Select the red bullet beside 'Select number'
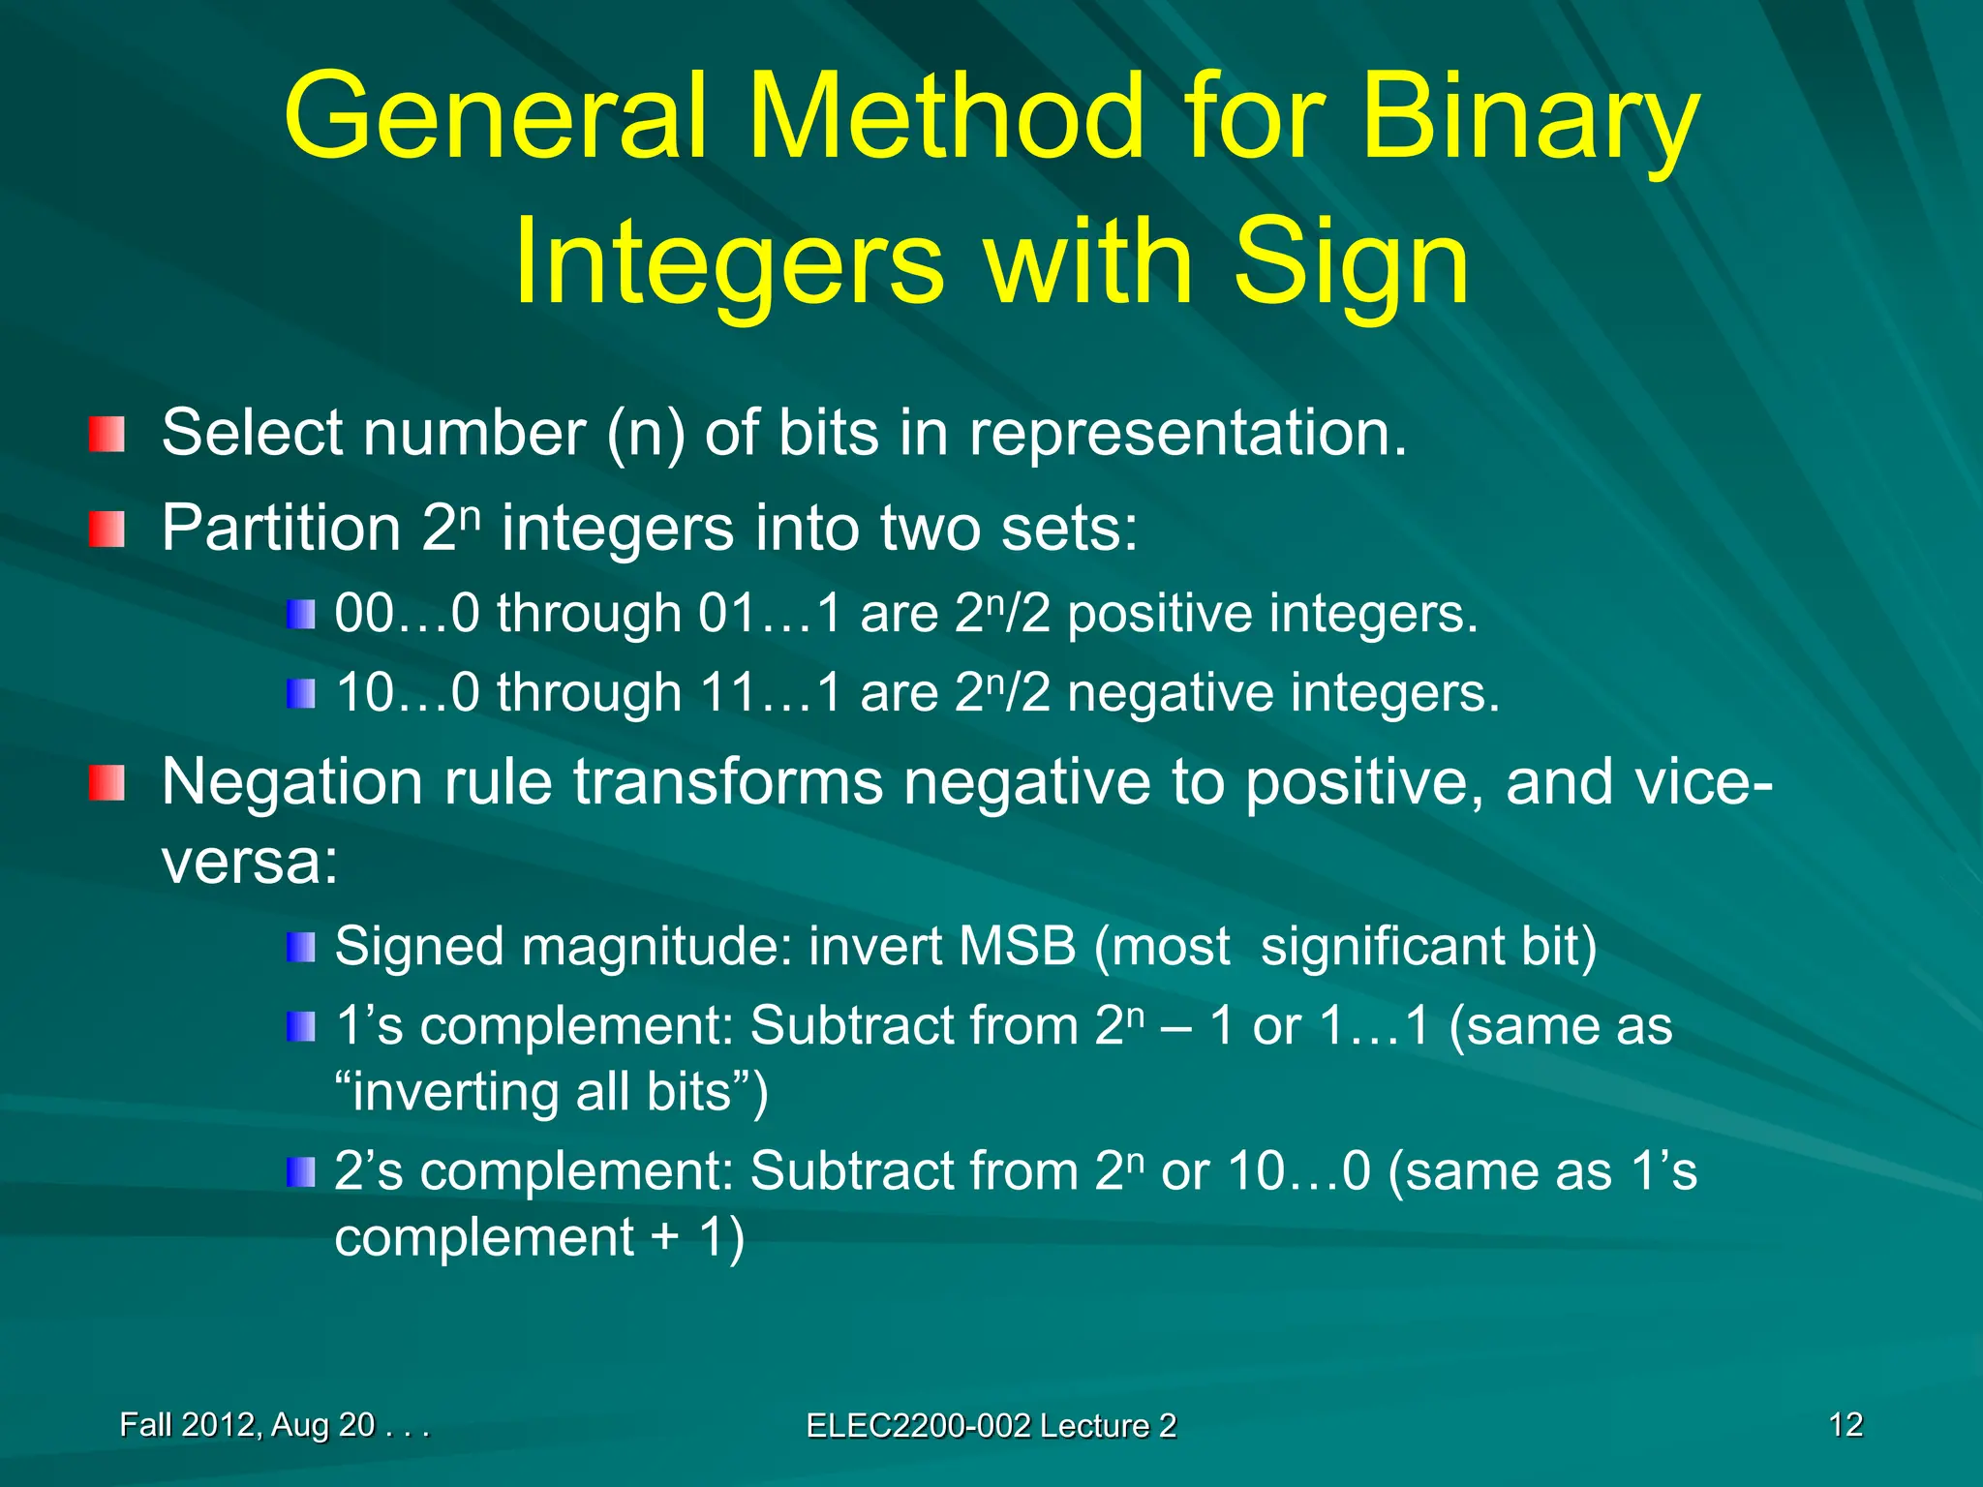pos(107,434)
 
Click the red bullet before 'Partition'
pos(107,530)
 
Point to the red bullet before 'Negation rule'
pos(107,782)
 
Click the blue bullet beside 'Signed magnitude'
pos(301,947)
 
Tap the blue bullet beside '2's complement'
pos(301,1171)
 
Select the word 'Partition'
pos(281,529)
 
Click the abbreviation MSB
pos(1017,946)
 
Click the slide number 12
pos(1846,1425)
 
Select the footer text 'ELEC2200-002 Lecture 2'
pos(991,1426)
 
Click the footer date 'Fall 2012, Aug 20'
pos(248,1425)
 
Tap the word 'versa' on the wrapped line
pos(242,862)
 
